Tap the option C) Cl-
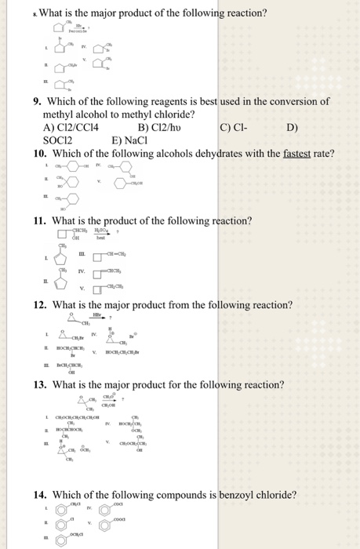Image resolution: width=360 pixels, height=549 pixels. tap(233, 128)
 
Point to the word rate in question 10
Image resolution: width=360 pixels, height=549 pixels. tap(322, 153)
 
